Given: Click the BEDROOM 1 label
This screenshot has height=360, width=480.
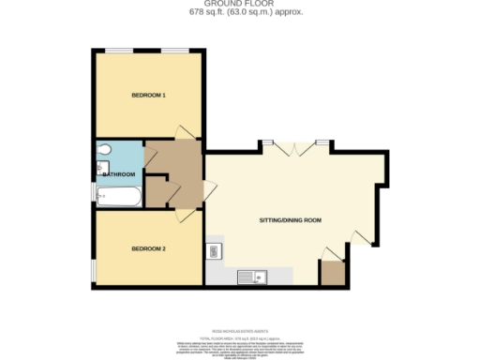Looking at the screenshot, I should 148,96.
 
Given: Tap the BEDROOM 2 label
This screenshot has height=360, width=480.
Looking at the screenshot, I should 148,248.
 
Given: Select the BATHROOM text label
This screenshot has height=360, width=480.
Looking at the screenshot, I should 119,174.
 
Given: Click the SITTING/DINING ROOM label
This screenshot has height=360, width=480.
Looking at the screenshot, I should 290,219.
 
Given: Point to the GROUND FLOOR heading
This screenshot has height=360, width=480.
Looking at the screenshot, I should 241,5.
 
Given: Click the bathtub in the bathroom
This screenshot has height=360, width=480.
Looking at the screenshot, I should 119,196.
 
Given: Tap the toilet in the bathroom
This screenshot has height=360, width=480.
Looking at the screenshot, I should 105,149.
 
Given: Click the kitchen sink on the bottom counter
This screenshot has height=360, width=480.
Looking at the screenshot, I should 251,276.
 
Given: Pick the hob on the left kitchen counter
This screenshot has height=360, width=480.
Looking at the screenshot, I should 214,250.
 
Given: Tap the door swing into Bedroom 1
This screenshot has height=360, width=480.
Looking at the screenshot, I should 186,132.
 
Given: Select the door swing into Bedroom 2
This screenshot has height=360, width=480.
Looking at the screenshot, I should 188,215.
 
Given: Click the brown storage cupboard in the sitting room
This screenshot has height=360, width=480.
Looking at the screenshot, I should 332,273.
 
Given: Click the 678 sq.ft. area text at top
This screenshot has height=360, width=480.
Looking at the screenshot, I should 241,13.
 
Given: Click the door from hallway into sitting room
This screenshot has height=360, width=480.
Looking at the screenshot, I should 210,190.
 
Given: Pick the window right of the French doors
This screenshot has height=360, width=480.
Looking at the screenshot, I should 322,142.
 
